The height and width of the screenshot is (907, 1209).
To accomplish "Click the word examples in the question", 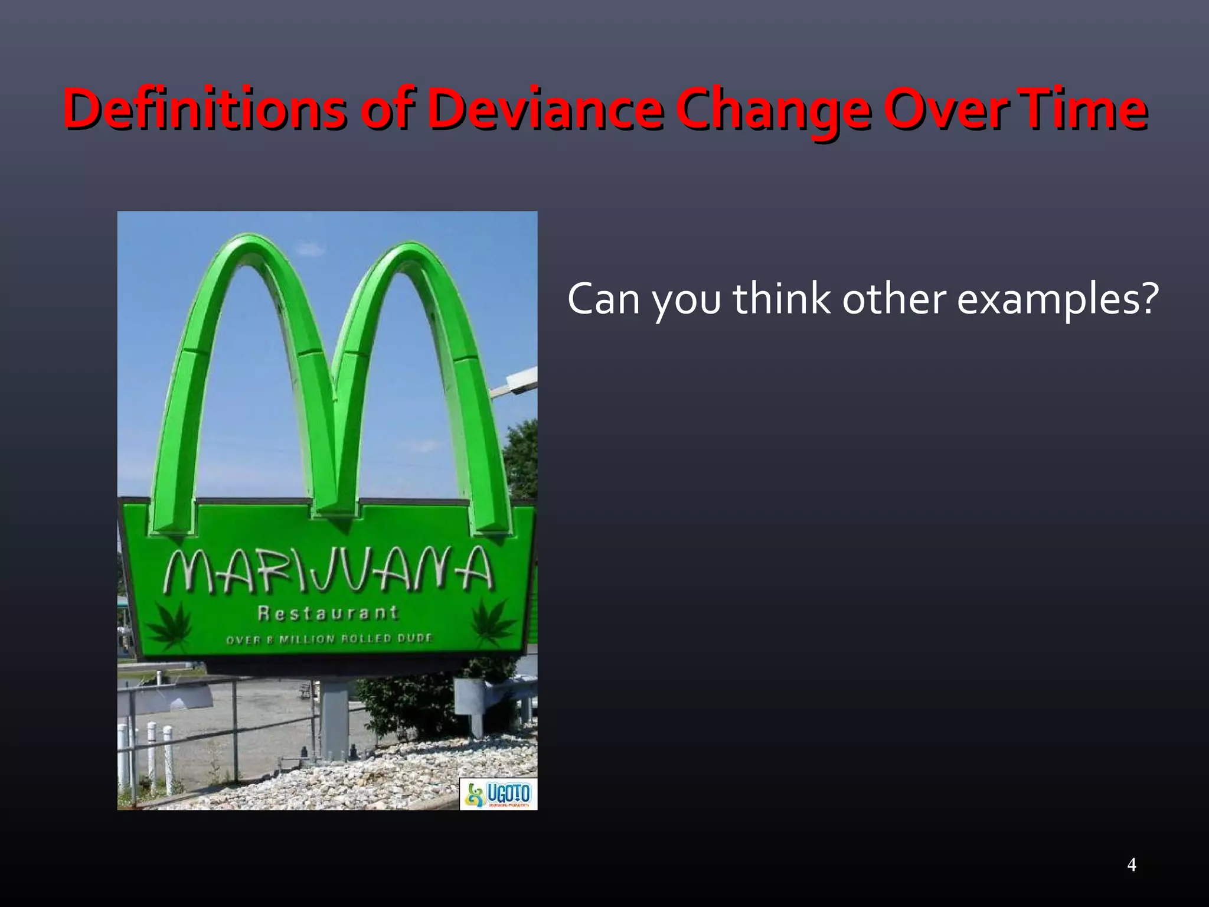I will (x=1043, y=300).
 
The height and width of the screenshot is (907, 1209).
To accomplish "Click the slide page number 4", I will (x=1132, y=864).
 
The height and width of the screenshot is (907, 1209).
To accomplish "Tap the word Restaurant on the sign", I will (x=328, y=613).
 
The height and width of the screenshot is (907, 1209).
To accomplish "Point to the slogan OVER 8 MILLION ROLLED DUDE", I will (x=329, y=638).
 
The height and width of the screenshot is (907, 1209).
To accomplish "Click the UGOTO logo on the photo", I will (x=498, y=794).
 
